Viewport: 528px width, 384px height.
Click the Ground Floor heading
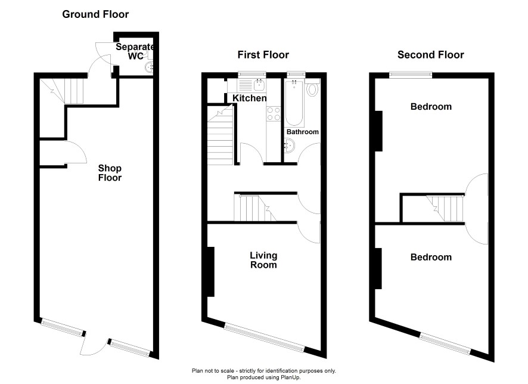[x=95, y=14]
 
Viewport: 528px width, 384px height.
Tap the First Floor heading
[x=263, y=55]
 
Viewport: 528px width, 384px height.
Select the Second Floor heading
[x=431, y=55]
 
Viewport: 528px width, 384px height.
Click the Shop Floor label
[x=110, y=173]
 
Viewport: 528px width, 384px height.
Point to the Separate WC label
[x=135, y=51]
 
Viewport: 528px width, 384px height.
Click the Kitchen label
[x=250, y=98]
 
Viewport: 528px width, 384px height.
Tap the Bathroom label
[x=302, y=132]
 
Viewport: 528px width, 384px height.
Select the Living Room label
[x=263, y=260]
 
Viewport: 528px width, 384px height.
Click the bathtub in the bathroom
[x=294, y=103]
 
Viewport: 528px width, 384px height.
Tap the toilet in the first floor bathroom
[x=313, y=88]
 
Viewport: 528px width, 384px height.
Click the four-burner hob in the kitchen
[x=274, y=113]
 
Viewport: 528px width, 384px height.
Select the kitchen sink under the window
[x=259, y=85]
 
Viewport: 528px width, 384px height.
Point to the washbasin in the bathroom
[x=289, y=146]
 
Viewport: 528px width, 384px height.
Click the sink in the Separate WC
[x=149, y=67]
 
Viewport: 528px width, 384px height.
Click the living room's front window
[x=265, y=337]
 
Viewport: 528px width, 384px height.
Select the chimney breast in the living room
[x=211, y=272]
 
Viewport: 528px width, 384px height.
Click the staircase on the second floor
[x=445, y=208]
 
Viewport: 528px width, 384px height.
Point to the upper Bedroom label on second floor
[x=431, y=107]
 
